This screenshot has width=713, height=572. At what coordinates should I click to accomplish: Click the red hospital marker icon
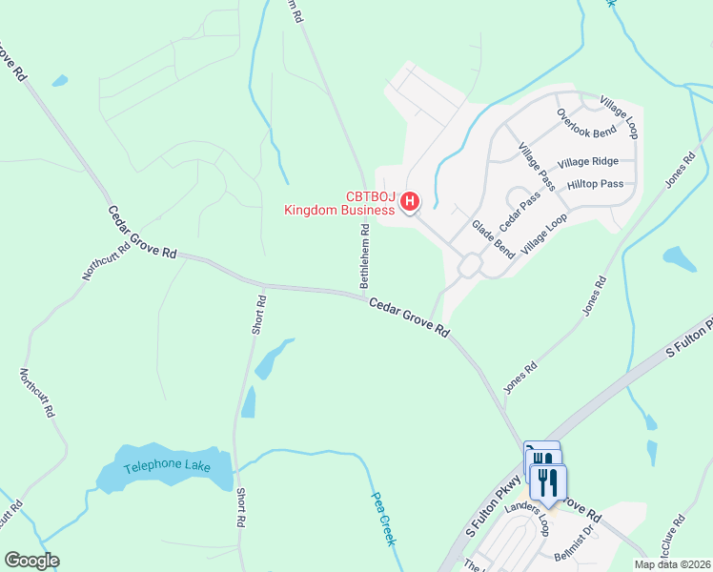[410, 201]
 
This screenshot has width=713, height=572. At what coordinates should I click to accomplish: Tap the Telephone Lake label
[165, 468]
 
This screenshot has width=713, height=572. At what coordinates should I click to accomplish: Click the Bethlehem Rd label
[364, 256]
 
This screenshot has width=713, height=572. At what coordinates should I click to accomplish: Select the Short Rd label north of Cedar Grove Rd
[259, 314]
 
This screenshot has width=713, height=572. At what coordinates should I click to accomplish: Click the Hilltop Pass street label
[595, 183]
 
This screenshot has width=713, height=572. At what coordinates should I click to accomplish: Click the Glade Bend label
[494, 237]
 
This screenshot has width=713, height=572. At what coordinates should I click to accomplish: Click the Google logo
[31, 561]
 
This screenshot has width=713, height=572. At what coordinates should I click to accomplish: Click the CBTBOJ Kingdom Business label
[340, 204]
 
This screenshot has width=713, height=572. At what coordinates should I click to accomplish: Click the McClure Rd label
[672, 539]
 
